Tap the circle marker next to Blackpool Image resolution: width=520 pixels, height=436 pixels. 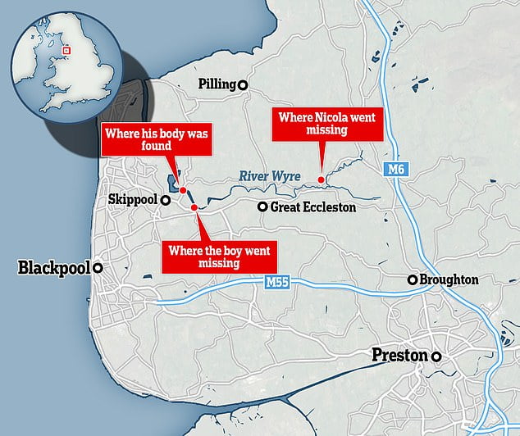(98, 268)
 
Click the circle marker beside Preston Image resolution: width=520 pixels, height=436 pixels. (438, 357)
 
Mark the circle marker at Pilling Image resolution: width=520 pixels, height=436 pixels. (243, 84)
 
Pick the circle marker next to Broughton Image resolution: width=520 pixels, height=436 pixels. (413, 280)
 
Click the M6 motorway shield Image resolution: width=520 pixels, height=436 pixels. (396, 169)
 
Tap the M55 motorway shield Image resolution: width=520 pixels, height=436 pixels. (279, 283)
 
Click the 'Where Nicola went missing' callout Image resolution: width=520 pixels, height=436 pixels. (326, 124)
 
